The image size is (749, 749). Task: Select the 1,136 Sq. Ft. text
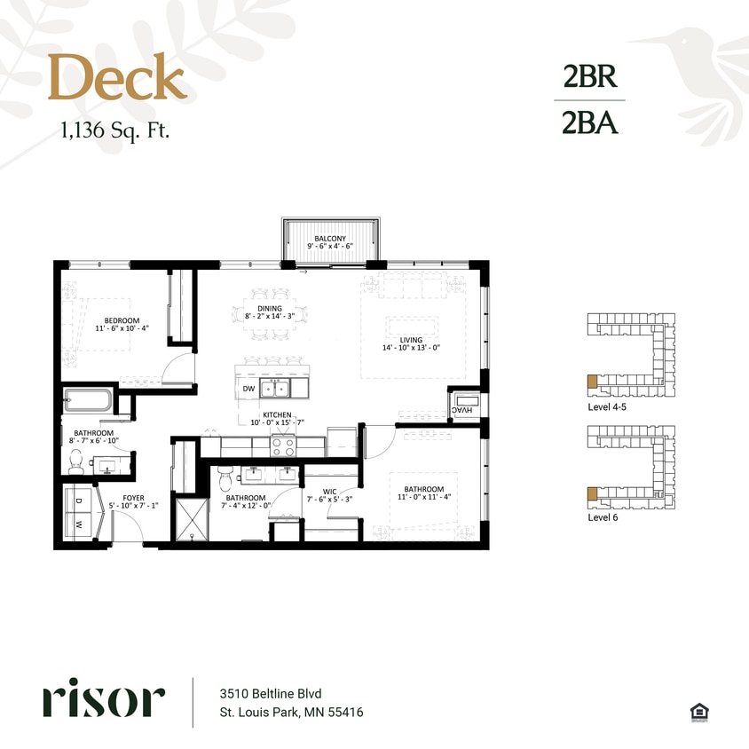[114, 131]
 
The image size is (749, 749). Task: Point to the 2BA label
[589, 123]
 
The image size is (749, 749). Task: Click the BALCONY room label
[329, 239]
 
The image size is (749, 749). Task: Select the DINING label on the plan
[270, 309]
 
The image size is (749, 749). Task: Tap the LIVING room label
[411, 339]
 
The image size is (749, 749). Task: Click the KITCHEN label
[277, 414]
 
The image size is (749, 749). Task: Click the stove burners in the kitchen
[283, 446]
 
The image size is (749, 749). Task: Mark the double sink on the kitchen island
[273, 388]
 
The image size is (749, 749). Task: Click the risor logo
[103, 701]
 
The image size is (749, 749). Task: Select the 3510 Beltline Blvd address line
[270, 693]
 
